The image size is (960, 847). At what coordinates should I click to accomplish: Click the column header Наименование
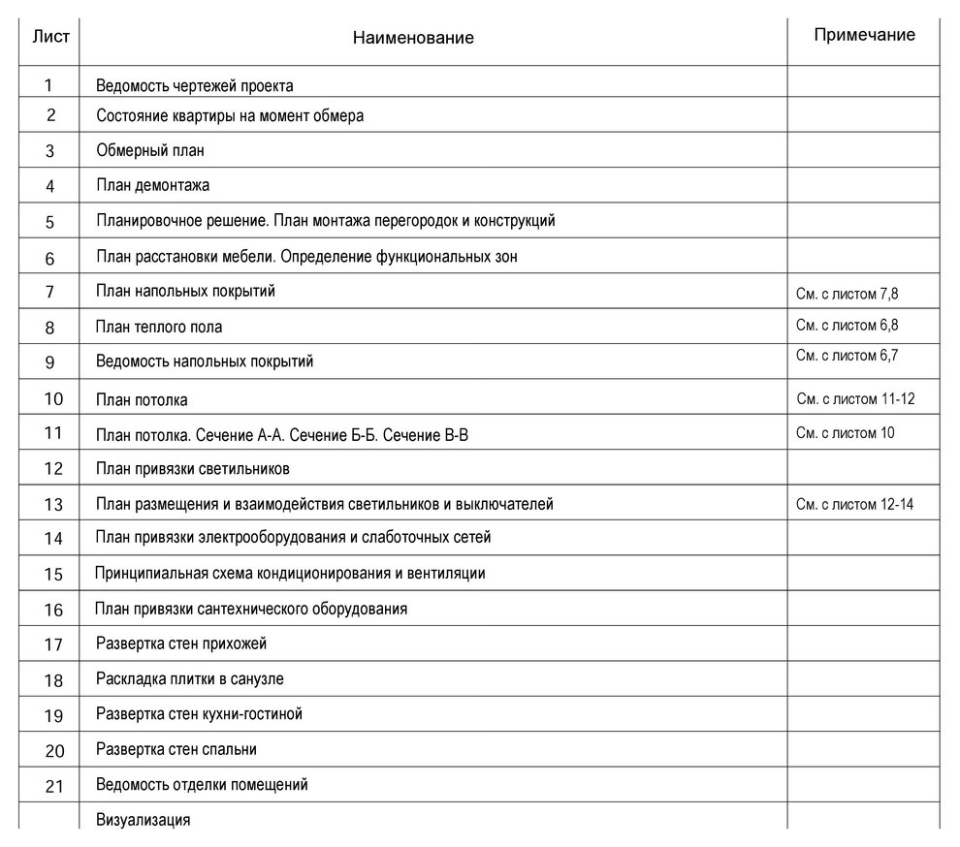coord(413,38)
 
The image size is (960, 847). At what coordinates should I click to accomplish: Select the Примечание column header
coord(864,35)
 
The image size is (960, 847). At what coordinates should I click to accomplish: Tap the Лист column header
coord(50,37)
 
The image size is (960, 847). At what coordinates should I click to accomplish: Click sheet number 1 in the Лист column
coord(48,85)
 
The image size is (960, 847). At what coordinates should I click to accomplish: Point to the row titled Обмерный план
coord(150,150)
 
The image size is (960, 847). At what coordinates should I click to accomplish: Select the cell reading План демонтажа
coord(153,185)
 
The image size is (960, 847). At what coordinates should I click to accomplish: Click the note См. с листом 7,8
coord(853,294)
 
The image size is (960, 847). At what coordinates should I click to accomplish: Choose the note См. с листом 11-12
coord(855,398)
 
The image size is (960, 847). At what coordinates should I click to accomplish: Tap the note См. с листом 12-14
coord(854,504)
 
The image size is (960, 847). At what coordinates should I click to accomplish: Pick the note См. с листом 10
coord(845,432)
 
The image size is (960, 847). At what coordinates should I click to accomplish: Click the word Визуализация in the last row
coord(144,820)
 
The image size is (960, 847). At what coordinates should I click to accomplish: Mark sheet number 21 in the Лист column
coord(54,786)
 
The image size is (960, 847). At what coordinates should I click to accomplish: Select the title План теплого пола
coord(159,328)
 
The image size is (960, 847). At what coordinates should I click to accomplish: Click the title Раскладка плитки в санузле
coord(190,679)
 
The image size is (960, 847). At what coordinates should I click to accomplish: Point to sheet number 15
coord(53,575)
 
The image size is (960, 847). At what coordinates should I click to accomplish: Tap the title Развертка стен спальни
coord(176,749)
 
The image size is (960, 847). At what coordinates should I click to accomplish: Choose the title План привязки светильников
coord(193,469)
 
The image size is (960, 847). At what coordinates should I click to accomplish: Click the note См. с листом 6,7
coord(847,356)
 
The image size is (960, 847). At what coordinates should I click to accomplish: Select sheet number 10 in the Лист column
coord(54,398)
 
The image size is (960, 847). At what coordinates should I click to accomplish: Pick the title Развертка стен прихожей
coord(181,643)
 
